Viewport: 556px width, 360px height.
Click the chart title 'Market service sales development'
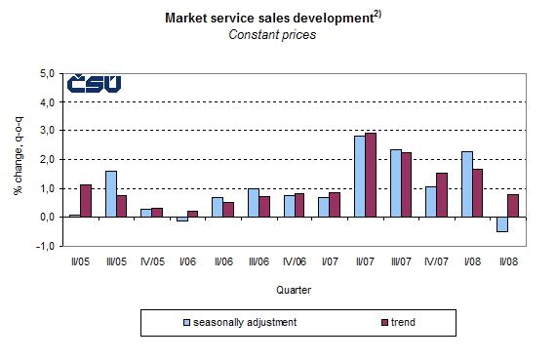pos(270,18)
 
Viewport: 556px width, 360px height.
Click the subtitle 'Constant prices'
pos(272,35)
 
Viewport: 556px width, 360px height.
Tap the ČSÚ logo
pos(94,84)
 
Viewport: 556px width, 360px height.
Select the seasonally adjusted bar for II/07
pos(359,177)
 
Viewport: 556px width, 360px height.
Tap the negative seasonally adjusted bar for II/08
pos(501,224)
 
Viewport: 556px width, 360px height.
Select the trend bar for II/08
pos(512,206)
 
